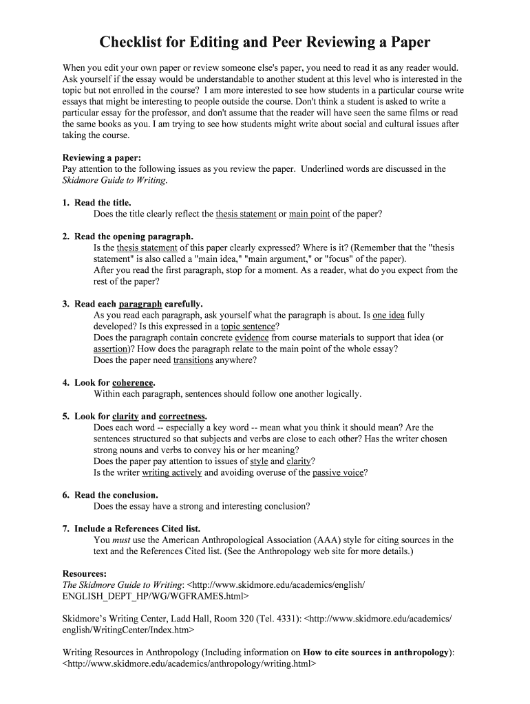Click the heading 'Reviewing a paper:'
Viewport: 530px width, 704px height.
[101, 157]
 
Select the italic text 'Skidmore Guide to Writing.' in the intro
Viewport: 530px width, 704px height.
[114, 180]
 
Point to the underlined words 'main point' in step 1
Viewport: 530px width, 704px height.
[309, 214]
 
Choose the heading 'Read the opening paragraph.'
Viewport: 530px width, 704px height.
[134, 236]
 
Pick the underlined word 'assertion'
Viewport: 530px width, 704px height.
[112, 349]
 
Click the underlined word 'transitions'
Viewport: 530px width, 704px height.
[193, 360]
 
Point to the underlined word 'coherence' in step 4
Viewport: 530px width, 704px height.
[133, 383]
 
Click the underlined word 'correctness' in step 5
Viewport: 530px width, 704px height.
[182, 417]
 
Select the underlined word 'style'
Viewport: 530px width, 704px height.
[259, 461]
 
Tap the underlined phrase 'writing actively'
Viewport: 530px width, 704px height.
[172, 472]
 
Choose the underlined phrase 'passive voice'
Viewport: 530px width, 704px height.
[337, 472]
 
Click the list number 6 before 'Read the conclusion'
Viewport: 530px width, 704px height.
[65, 495]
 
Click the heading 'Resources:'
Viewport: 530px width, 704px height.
[85, 573]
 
